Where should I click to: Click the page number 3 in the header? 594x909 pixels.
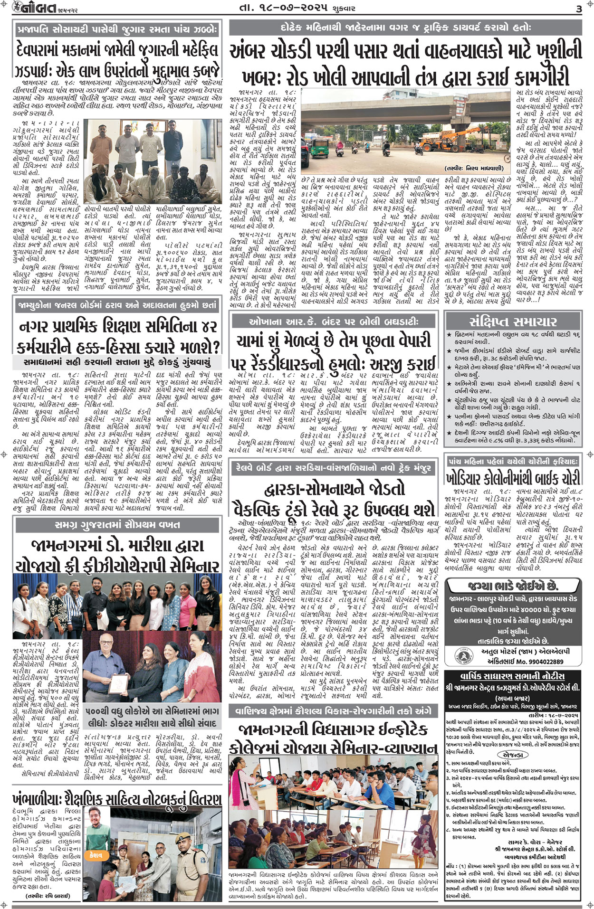(x=579, y=9)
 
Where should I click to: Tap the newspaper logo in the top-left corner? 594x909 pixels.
(x=31, y=8)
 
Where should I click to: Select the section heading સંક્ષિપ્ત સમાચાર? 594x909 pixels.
(x=513, y=322)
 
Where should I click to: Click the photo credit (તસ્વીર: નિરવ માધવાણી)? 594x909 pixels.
(x=474, y=168)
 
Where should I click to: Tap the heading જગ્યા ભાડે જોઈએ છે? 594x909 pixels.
(x=513, y=586)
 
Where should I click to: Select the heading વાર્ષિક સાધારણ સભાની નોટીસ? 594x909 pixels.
(x=513, y=676)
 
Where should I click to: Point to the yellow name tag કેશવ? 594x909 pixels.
(x=96, y=855)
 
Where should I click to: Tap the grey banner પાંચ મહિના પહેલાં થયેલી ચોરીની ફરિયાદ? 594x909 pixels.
(x=513, y=461)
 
